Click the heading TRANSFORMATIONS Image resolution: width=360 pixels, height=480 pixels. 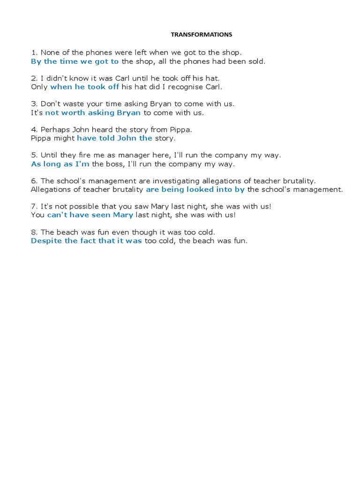201,34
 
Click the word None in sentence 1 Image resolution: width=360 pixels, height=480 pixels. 51,52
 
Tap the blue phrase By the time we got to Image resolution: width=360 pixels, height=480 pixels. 75,61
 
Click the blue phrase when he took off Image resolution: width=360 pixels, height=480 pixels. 84,87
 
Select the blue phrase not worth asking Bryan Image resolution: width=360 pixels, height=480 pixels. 93,112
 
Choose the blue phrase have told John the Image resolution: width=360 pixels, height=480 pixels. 114,138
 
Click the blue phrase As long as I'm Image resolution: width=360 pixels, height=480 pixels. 60,164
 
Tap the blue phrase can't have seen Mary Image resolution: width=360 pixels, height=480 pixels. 90,215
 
